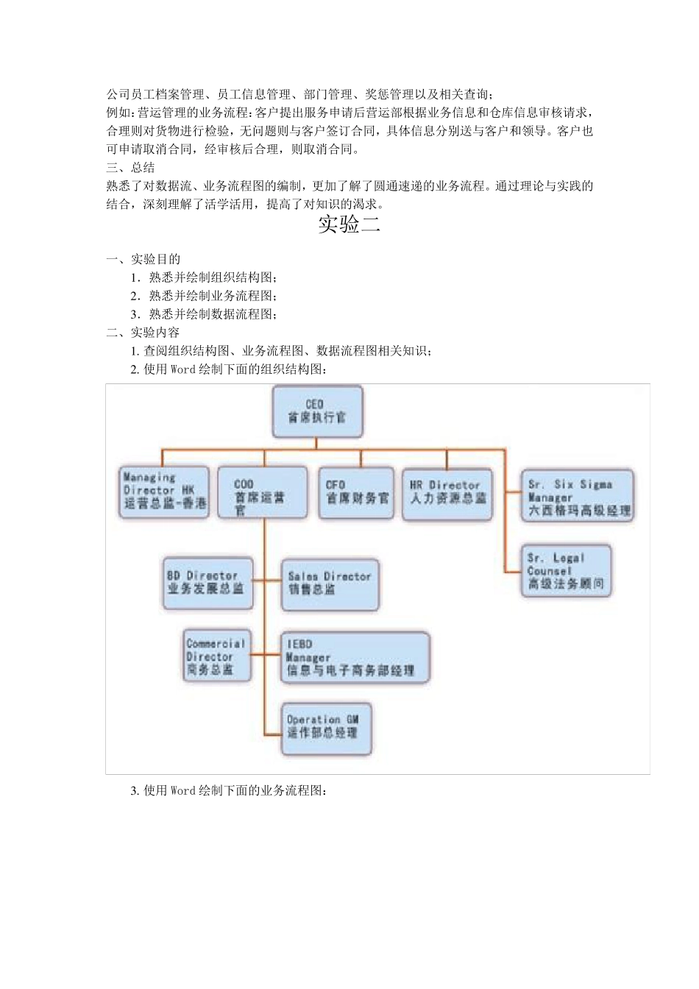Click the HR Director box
click(x=447, y=494)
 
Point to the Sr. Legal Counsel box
click(x=566, y=571)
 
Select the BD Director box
click(x=207, y=583)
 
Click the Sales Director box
click(x=330, y=584)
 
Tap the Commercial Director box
click(x=217, y=656)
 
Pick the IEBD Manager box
click(x=354, y=657)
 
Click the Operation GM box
click(x=324, y=728)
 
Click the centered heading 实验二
click(x=349, y=224)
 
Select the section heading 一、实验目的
click(x=143, y=259)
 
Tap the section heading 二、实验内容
click(x=143, y=333)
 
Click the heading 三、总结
click(x=131, y=168)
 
